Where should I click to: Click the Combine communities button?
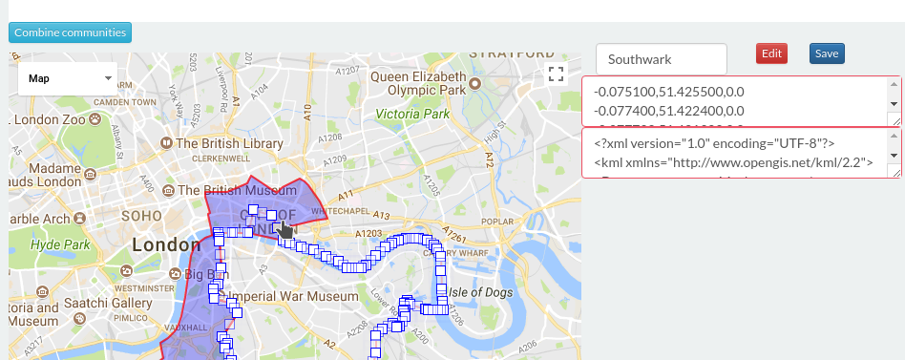click(x=70, y=32)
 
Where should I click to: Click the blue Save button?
click(x=826, y=53)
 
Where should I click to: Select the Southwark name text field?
click(x=661, y=58)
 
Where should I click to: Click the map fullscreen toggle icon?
click(x=556, y=75)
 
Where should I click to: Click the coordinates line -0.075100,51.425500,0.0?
click(x=667, y=92)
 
